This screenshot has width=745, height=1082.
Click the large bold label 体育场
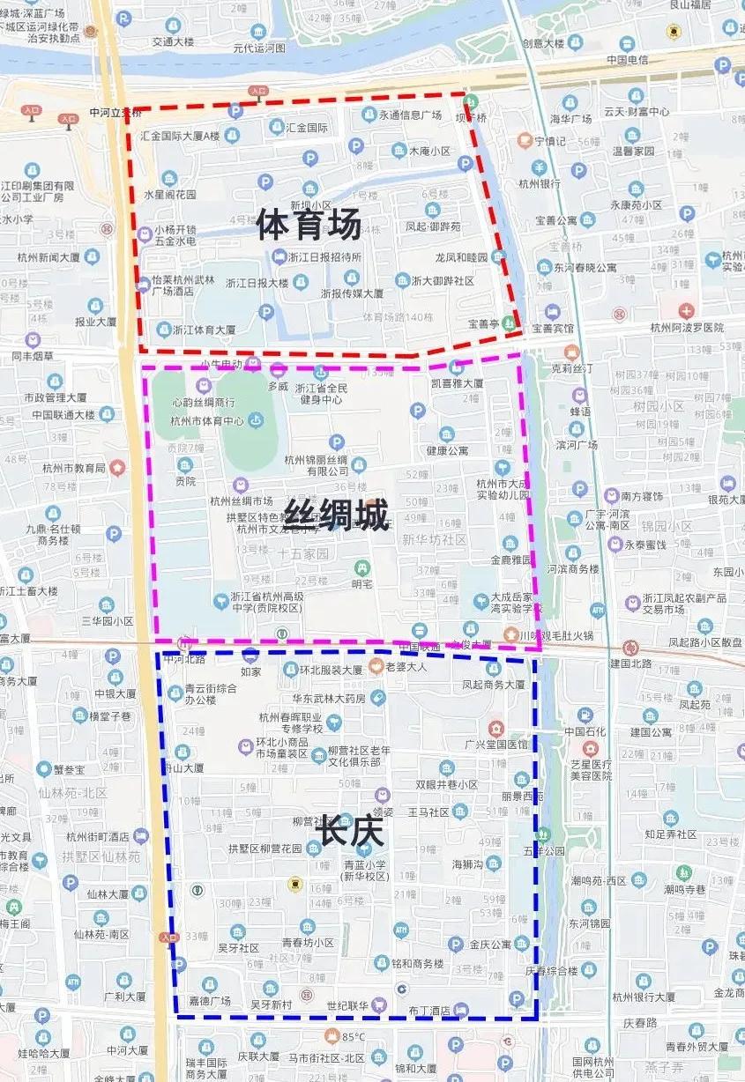point(309,225)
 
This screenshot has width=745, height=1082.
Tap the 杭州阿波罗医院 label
point(687,328)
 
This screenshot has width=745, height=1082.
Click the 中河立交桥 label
point(115,114)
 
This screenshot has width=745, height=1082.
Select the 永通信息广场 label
point(410,115)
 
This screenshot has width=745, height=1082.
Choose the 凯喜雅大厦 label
point(457,383)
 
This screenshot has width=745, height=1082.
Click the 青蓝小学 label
point(365,865)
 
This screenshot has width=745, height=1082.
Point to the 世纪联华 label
point(346,1005)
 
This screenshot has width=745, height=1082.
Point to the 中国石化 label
point(585,731)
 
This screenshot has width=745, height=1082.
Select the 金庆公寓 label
point(490,945)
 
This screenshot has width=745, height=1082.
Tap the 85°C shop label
point(353,1036)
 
